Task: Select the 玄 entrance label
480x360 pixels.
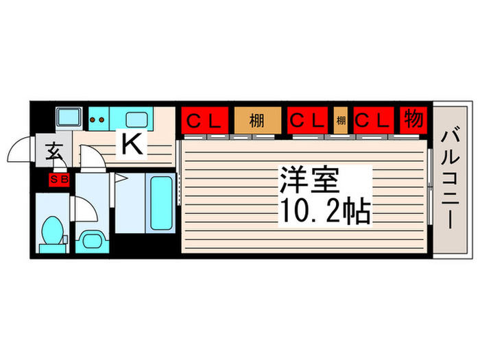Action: click(54, 150)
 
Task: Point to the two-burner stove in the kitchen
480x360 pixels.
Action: click(97, 119)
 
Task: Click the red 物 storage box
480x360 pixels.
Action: click(413, 121)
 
